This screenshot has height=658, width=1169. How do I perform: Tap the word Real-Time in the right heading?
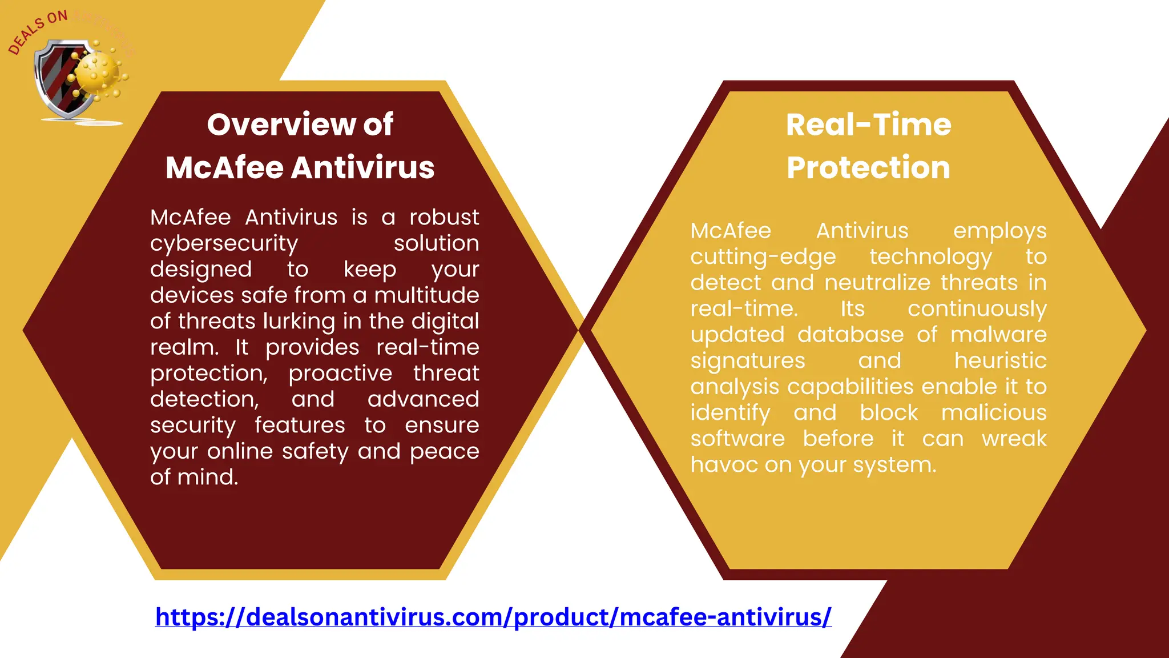868,125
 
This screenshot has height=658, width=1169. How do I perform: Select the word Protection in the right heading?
868,168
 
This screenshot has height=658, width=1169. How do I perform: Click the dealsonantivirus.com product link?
493,617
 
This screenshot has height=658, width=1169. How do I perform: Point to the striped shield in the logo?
60,79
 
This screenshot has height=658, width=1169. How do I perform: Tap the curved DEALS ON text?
37,31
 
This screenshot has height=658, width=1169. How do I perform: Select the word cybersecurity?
224,244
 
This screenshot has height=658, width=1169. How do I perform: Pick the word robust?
444,218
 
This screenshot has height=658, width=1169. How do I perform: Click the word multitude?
426,296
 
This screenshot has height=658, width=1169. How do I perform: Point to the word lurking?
299,322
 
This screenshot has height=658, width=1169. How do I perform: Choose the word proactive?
340,374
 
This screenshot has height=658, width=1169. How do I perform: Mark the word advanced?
423,399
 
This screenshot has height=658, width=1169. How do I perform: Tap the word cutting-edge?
763,257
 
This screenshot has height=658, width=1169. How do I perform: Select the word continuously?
977,309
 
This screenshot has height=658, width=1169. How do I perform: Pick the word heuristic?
1000,361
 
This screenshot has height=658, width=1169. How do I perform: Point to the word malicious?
993,413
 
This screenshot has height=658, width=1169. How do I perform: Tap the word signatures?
747,361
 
